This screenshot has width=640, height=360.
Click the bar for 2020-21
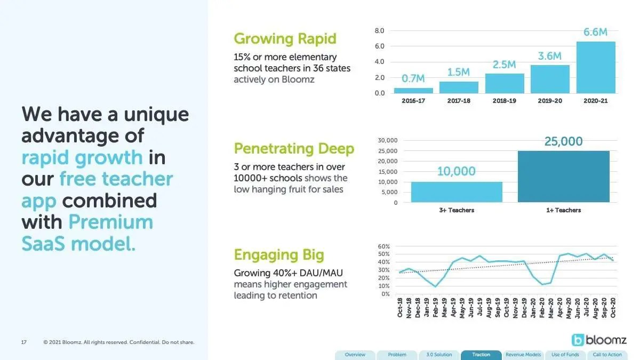[x=596, y=67]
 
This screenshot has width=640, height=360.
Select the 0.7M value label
[x=413, y=78]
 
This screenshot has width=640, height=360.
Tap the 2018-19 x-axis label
[x=505, y=101]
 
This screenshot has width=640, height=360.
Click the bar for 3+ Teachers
[x=457, y=192]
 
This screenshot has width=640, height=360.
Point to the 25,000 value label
[x=563, y=141]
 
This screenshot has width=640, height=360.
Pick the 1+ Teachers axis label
[x=563, y=210]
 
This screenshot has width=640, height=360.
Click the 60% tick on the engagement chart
[x=383, y=246]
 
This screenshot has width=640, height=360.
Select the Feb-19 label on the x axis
[x=435, y=307]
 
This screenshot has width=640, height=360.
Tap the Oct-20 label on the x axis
[x=613, y=307]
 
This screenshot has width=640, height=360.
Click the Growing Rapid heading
[x=285, y=39]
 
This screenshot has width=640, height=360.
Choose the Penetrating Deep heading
[x=294, y=149]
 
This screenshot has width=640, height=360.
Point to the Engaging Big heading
[x=279, y=255]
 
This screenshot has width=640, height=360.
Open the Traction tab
[x=481, y=355]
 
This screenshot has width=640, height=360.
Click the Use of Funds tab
[x=565, y=355]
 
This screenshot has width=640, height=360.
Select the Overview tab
[x=355, y=355]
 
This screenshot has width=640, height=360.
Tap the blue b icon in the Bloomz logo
[x=578, y=340]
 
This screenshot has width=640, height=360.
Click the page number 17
[x=23, y=342]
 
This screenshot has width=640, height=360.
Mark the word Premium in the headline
[x=111, y=222]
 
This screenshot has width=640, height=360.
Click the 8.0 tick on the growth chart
[x=379, y=31]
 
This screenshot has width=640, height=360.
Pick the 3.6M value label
[x=550, y=56]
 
